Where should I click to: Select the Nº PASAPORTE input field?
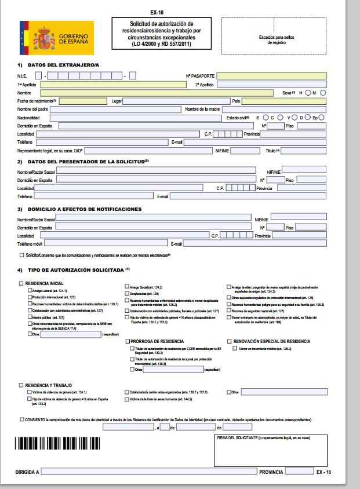tap(271, 76)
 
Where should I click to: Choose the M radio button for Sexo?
tap(323, 93)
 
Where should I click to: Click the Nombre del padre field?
tap(115, 110)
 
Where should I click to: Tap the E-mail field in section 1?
tap(255, 142)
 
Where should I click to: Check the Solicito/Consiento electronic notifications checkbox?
tap(21, 255)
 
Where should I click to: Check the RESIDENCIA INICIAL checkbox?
tap(21, 283)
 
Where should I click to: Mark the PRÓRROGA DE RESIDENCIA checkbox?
tap(128, 341)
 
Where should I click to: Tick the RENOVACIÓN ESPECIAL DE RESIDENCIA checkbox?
tap(229, 341)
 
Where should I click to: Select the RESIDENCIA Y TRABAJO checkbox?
tap(21, 385)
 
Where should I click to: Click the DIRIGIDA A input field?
tap(148, 472)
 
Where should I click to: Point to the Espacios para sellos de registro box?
tap(276, 39)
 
